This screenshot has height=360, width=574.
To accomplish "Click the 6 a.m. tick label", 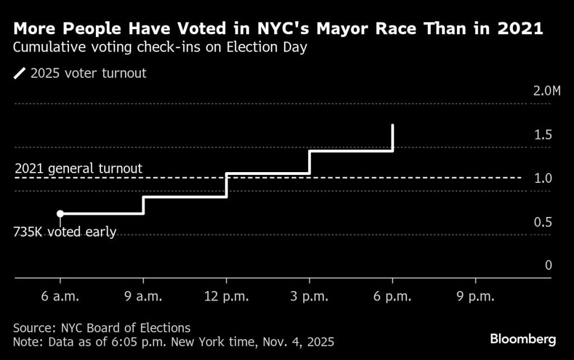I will pos(60,297).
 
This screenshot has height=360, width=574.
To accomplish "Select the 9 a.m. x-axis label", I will pos(143,297).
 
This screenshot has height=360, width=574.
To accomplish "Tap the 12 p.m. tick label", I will pos(226,297).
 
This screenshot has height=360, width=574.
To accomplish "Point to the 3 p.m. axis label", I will pos(309,297).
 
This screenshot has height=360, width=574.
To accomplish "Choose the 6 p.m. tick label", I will pos(392,297).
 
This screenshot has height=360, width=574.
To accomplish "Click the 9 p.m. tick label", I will pos(475,297).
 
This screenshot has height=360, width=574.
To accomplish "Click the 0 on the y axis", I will pos(549,265).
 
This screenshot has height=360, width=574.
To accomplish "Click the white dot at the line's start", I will pos(60,214).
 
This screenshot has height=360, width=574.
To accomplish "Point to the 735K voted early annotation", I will pos(64,232).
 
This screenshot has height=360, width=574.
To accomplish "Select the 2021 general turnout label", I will pos(78,168).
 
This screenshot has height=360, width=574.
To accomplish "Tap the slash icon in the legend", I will pos(20,73).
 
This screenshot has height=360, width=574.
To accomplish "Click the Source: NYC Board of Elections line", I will pos(101,327).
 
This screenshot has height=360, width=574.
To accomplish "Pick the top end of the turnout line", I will pos(392,125).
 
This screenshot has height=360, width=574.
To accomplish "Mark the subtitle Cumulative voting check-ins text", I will pos(160,47).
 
